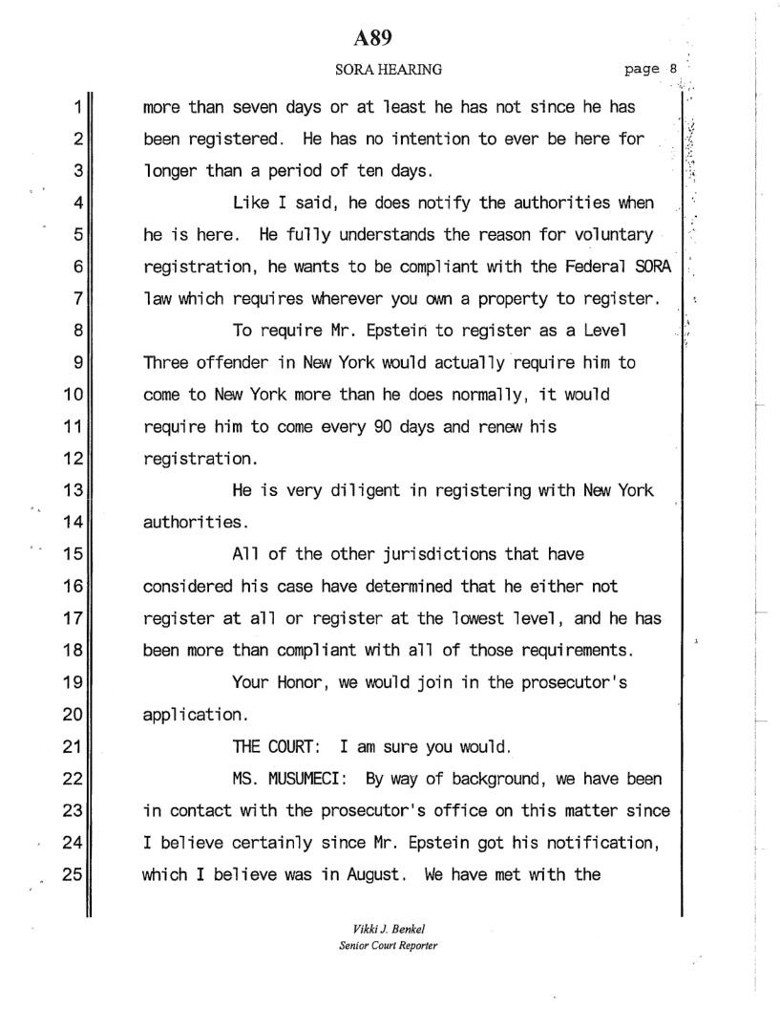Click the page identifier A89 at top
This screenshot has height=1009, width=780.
pyautogui.click(x=374, y=37)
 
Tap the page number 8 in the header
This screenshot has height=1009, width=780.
pyautogui.click(x=672, y=69)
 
